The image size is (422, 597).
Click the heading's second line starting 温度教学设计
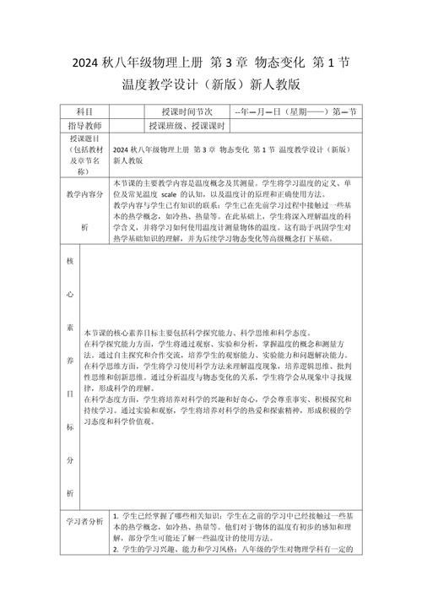(x=211, y=85)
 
